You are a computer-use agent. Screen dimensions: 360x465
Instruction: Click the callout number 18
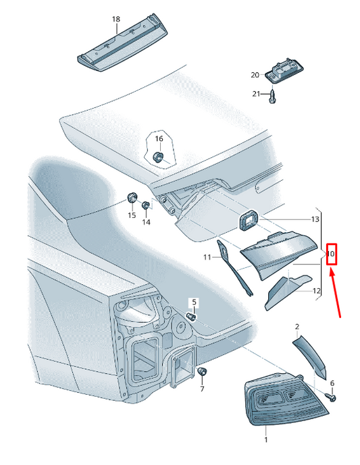116,20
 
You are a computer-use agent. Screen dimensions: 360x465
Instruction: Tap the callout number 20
255,75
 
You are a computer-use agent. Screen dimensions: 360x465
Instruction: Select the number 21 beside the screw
256,94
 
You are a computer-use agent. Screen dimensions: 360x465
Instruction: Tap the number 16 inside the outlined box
159,139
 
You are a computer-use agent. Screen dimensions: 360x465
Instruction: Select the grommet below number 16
157,157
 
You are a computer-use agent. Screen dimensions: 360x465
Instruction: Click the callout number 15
132,215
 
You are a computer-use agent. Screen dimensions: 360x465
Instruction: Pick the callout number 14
147,222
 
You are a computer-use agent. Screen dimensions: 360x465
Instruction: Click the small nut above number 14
145,205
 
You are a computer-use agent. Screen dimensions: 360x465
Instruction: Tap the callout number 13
315,219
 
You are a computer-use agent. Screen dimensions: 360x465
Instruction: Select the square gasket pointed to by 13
248,219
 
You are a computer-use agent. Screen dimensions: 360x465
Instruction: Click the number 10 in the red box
331,254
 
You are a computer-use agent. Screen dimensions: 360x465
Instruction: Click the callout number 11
207,257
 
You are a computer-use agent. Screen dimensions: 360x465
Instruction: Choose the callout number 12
317,291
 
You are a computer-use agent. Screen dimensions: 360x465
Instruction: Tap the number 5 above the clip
194,302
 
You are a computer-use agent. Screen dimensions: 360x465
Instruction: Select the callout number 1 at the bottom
266,439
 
